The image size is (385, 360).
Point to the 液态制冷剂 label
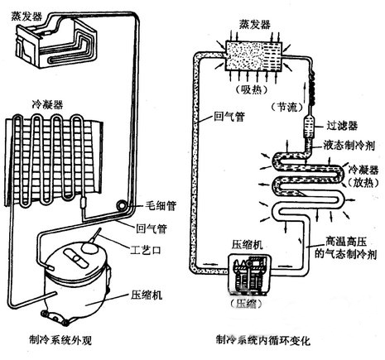tap(353, 143)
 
